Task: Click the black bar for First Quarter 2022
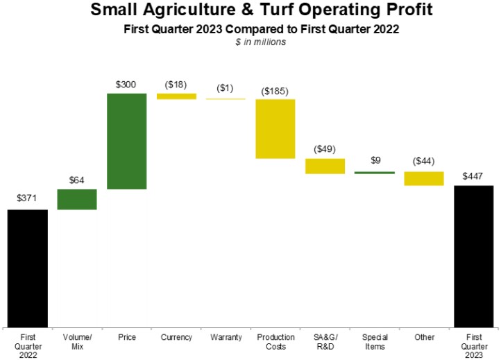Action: (28, 268)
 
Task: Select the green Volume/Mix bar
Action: (77, 199)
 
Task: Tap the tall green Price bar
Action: (126, 141)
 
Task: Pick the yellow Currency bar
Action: (176, 96)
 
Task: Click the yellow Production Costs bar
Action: (275, 129)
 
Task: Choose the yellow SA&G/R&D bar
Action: (325, 166)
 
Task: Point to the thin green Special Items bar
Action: (374, 172)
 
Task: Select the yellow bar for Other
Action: (424, 178)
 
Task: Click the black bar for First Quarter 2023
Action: (474, 256)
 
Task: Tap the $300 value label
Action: (126, 84)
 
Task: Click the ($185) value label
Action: (275, 91)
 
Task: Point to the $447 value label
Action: (474, 176)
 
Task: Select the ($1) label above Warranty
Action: (226, 88)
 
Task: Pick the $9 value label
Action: (375, 160)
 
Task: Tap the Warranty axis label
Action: (226, 337)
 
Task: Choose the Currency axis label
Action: (176, 337)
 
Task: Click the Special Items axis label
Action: (375, 341)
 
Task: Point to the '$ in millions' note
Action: (250, 42)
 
